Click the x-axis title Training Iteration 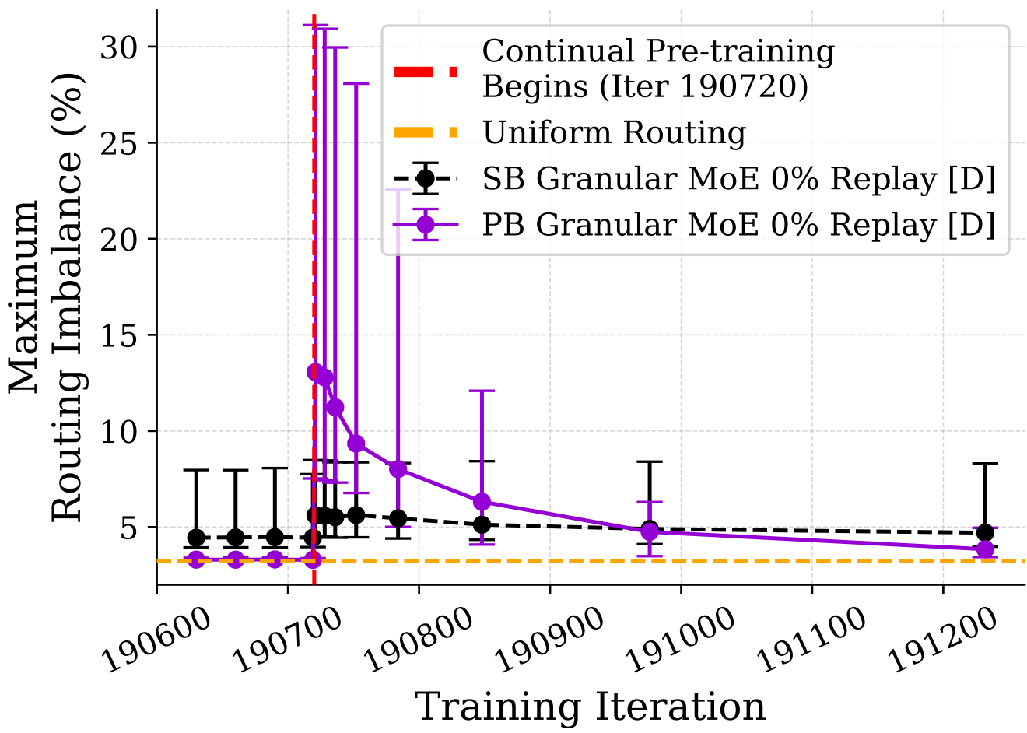[591, 707]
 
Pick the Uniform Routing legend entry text [614, 133]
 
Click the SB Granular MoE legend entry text [738, 179]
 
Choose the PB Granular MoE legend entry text [738, 225]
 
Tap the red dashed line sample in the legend [426, 72]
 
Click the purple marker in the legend [426, 225]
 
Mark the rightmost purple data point [985, 549]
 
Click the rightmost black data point [985, 533]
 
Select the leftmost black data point [196, 538]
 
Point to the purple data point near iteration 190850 [482, 501]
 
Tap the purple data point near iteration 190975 [649, 532]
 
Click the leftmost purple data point [196, 559]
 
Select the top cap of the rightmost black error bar [985, 464]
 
